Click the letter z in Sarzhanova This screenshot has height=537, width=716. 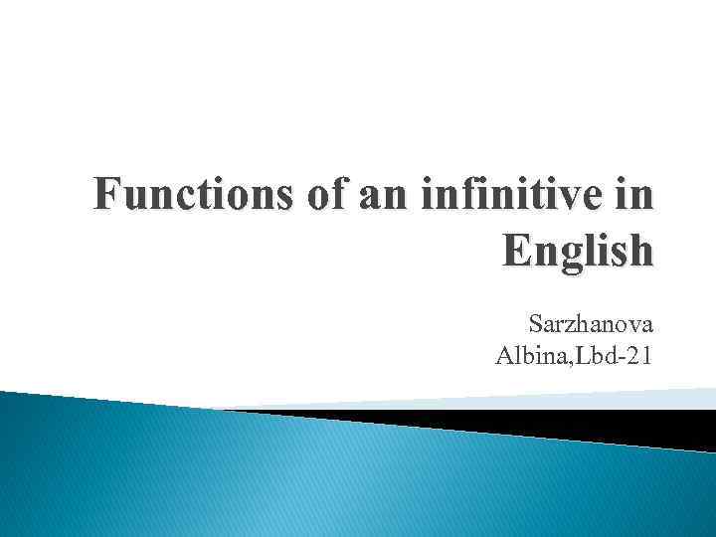(568, 324)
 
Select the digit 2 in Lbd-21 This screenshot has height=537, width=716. (632, 353)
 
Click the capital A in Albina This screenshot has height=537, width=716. (503, 353)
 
